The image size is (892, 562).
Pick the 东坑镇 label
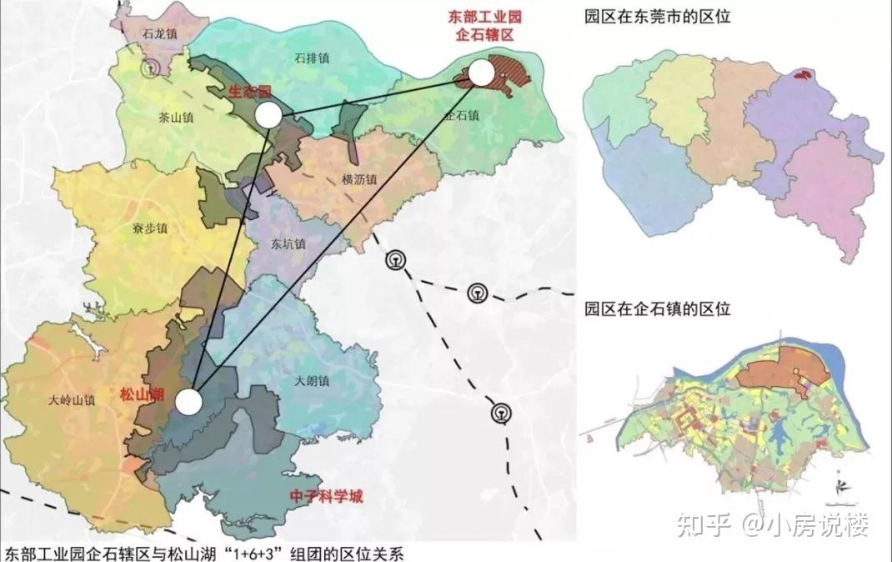pos(288,245)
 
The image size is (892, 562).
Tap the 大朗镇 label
pos(313,381)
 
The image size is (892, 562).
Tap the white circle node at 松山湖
pos(189,402)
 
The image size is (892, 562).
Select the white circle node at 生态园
pos(268,115)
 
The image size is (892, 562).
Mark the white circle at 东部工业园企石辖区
pos(480,73)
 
